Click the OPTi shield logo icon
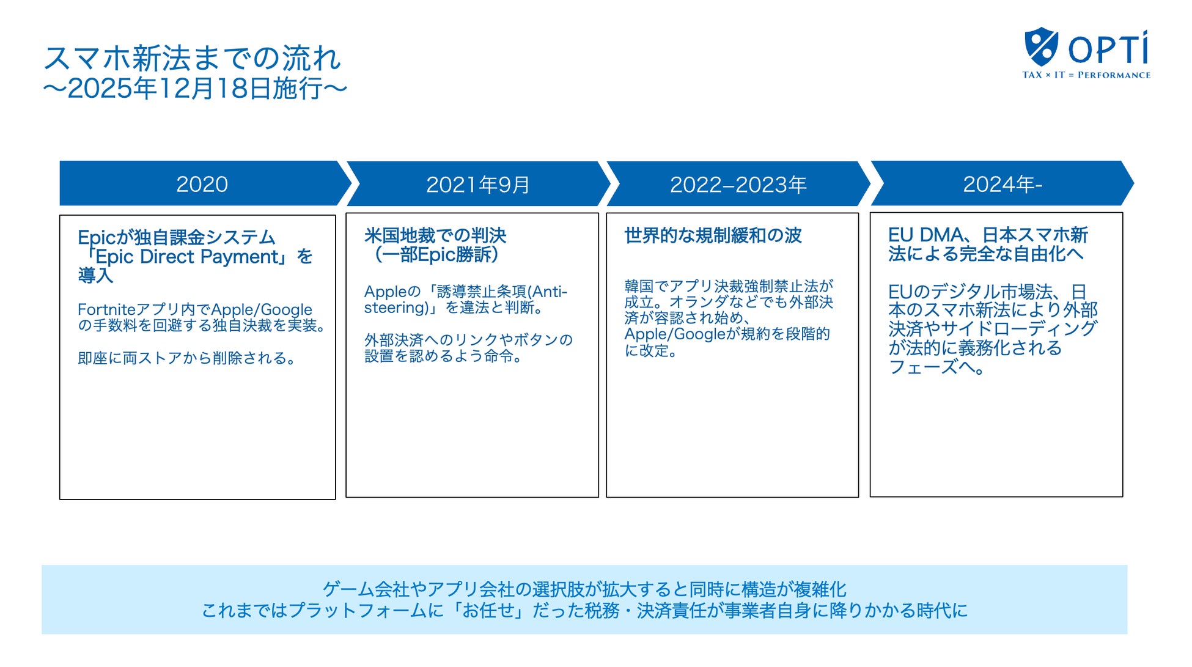[1040, 46]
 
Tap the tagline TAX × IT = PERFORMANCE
[1086, 75]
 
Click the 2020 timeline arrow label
[202, 184]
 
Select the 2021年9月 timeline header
[477, 185]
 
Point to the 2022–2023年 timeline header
[738, 185]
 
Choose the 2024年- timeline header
[1002, 184]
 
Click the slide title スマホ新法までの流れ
[192, 59]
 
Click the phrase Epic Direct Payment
[187, 257]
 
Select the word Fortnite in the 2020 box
[106, 310]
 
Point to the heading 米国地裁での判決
[435, 235]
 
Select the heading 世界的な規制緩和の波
[713, 235]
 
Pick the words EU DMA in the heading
[926, 235]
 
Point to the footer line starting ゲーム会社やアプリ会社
[584, 589]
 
